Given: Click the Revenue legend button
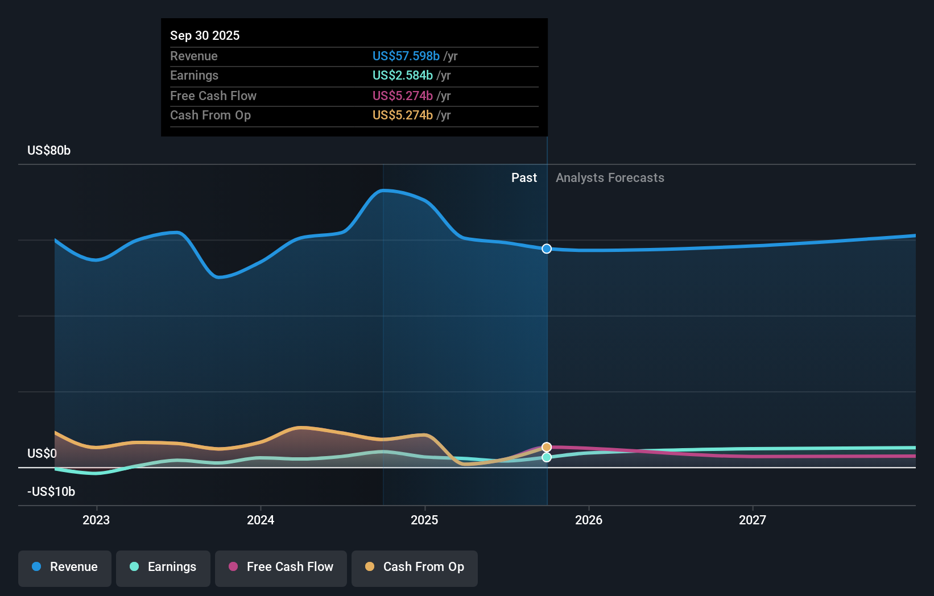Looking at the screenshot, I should [x=65, y=567].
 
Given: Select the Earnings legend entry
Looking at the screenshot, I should [x=163, y=567].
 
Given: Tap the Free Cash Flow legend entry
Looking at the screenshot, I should [x=281, y=567].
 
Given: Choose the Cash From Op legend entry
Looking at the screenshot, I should [x=415, y=567].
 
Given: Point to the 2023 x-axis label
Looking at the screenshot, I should [x=96, y=520].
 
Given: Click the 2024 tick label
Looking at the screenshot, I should [x=261, y=520].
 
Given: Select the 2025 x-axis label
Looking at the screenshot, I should [x=424, y=520].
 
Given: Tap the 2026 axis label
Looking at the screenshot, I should [x=589, y=520].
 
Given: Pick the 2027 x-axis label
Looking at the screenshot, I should [x=753, y=520].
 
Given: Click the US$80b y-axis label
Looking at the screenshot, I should [x=49, y=150].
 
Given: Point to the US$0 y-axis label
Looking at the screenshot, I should [x=42, y=453].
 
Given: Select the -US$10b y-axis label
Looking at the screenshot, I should [x=51, y=491].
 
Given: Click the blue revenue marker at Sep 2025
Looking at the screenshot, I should [x=547, y=249].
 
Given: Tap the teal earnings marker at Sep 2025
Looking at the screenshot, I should [x=547, y=457].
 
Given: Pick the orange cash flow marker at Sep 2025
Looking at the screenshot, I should [x=547, y=447].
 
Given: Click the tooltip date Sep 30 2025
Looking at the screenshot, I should [x=205, y=35].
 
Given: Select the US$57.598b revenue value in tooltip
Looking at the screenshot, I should [x=406, y=56].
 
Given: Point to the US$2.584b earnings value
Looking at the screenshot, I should [x=402, y=75].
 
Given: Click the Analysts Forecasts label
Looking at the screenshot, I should [x=610, y=178].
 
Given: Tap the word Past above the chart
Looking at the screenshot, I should [x=524, y=178].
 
